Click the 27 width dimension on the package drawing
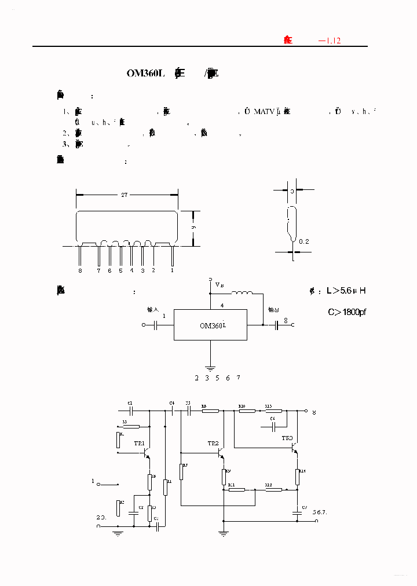coord(124,195)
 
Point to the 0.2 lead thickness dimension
coord(304,241)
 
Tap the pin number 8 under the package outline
coord(80,270)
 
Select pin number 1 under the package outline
coord(172,270)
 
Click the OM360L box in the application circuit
coord(211,325)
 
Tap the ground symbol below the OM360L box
coord(211,367)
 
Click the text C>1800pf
coord(348,313)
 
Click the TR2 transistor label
coord(213,443)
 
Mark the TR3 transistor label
coord(287,438)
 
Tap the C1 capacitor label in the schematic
coord(130,402)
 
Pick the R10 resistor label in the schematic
coord(243,406)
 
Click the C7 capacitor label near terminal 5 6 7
coord(305,507)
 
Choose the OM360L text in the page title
coord(146,74)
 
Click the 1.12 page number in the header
coord(333,41)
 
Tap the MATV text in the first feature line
coord(265,111)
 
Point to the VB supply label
coord(220,285)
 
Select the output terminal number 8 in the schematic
coord(314,412)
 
